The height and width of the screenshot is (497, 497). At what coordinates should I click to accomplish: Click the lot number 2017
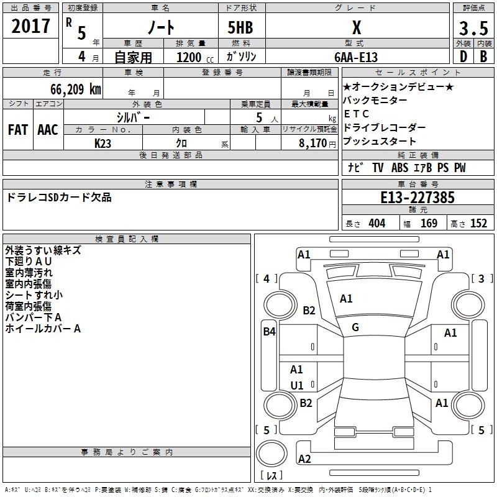[x=30, y=26]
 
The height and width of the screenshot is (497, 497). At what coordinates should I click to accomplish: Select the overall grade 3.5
[x=473, y=28]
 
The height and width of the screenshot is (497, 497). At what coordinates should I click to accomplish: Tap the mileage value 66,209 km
[x=76, y=89]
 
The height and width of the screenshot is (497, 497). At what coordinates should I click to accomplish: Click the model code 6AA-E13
[x=356, y=57]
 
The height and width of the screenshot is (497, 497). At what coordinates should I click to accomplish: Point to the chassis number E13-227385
[x=417, y=198]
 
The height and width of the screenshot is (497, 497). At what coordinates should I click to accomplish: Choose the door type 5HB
[x=240, y=27]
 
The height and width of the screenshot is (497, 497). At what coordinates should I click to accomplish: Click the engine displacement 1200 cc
[x=195, y=57]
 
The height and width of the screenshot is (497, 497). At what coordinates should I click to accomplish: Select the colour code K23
[x=103, y=144]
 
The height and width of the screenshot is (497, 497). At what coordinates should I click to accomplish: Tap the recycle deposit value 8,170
[x=312, y=144]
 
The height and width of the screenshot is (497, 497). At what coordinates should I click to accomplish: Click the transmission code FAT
[x=18, y=130]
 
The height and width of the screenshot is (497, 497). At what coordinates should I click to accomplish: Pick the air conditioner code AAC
[x=48, y=130]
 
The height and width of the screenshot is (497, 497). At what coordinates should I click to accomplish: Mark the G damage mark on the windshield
[x=355, y=327]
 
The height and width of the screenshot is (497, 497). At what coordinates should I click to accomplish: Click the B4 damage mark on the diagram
[x=269, y=332]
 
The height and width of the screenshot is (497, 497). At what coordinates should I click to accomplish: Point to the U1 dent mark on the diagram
[x=297, y=385]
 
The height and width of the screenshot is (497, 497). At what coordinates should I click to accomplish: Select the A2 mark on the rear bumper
[x=304, y=459]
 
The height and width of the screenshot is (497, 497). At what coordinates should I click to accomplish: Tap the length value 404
[x=377, y=223]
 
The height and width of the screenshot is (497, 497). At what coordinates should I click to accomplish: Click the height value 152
[x=478, y=223]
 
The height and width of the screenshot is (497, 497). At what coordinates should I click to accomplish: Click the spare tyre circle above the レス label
[x=271, y=454]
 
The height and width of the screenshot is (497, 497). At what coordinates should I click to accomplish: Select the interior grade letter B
[x=483, y=57]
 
